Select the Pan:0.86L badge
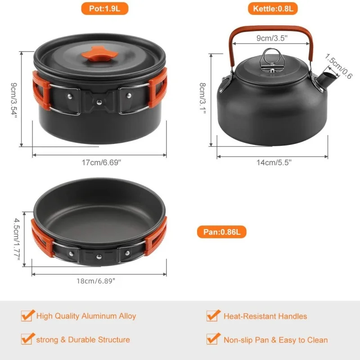[221, 232]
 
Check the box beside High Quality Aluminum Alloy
[27, 315]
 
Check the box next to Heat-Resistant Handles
[213, 315]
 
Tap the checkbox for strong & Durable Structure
[27, 339]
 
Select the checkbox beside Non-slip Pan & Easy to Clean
[213, 339]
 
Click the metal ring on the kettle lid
[270, 57]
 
